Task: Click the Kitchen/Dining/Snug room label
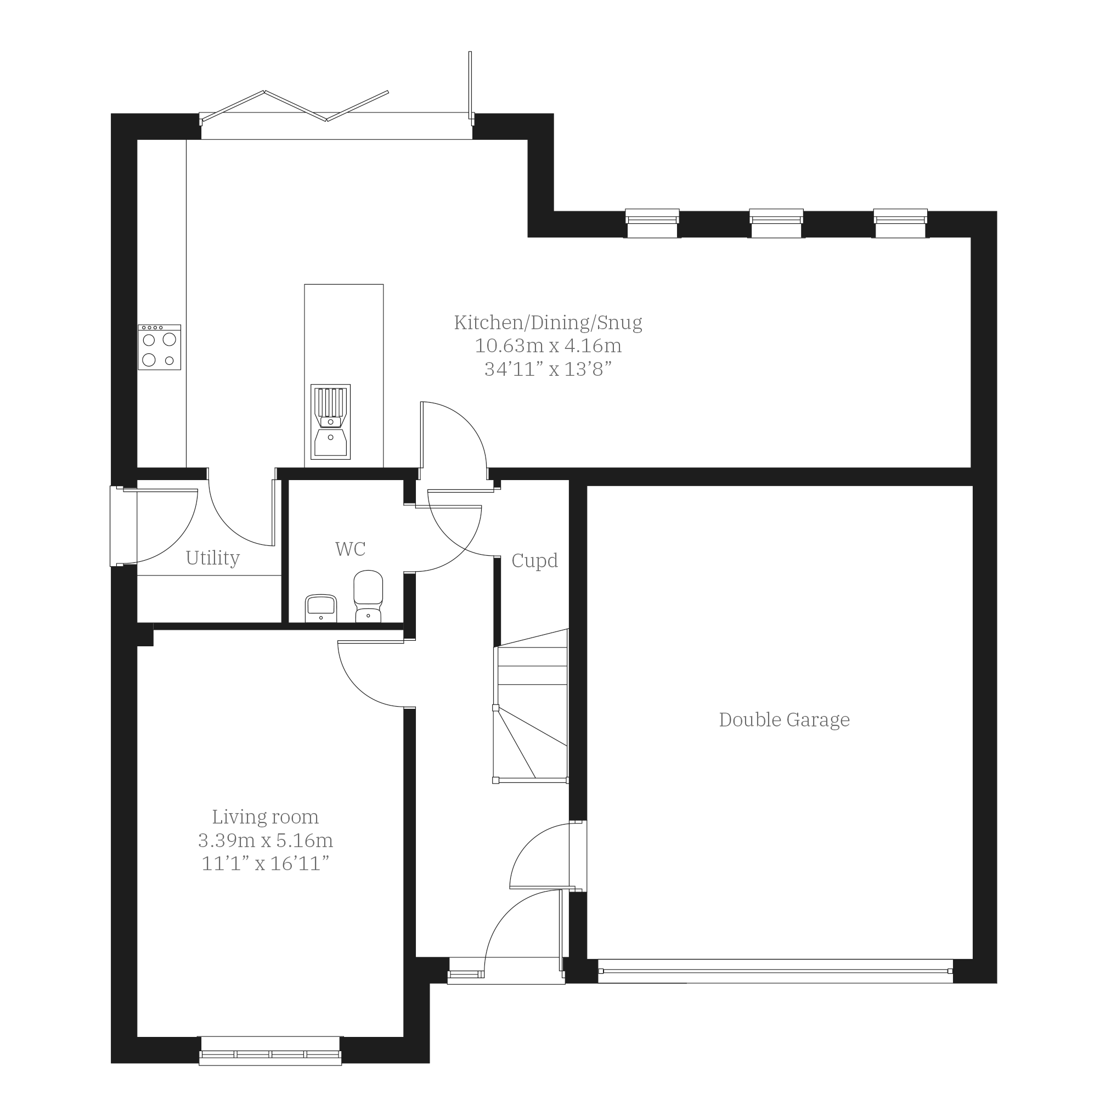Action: tap(548, 323)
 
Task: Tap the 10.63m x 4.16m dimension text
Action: tap(548, 346)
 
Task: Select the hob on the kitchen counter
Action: tap(159, 347)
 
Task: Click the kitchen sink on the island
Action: tap(331, 422)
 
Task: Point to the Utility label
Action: tap(212, 558)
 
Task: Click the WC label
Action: tap(350, 549)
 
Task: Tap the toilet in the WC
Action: tap(368, 596)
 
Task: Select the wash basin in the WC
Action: tap(321, 608)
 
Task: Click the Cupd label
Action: tap(534, 561)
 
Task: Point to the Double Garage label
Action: tap(784, 720)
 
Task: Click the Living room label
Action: tap(265, 816)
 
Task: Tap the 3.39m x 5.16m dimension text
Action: tap(265, 840)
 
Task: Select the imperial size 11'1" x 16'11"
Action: tap(265, 864)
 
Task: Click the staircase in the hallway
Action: tap(531, 706)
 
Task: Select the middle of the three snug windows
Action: tap(776, 223)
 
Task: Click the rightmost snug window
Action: tap(900, 223)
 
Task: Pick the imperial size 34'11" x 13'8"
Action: tap(548, 369)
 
